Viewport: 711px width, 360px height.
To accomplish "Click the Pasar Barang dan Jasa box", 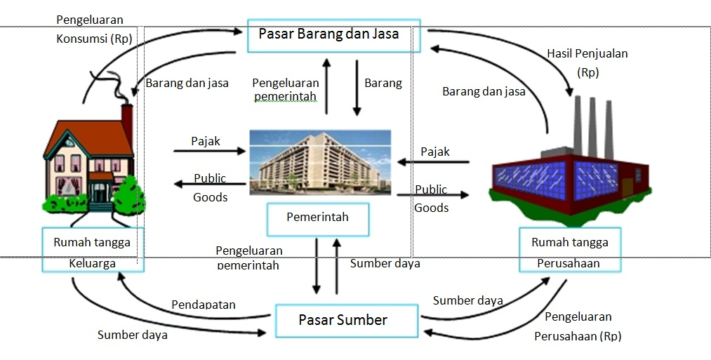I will tap(333, 35).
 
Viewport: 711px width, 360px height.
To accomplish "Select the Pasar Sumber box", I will tap(343, 321).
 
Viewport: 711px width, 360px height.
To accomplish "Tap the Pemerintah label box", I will tap(317, 218).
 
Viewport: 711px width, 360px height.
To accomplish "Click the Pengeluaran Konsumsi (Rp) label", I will tap(91, 29).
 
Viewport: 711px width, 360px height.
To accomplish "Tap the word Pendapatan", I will tap(204, 305).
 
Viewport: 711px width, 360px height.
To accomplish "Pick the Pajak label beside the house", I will tap(206, 141).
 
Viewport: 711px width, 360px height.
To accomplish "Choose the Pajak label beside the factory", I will tap(435, 152).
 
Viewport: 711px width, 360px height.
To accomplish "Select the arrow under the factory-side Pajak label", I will tap(433, 162).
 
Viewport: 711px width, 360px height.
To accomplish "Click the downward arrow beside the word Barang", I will tap(357, 88).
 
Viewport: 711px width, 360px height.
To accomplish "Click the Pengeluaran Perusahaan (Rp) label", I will tap(578, 326).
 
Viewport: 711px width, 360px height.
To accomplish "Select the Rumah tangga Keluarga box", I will tap(92, 249).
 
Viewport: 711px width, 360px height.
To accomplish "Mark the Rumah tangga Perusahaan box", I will tap(570, 249).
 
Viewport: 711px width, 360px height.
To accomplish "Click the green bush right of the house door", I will tap(129, 192).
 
